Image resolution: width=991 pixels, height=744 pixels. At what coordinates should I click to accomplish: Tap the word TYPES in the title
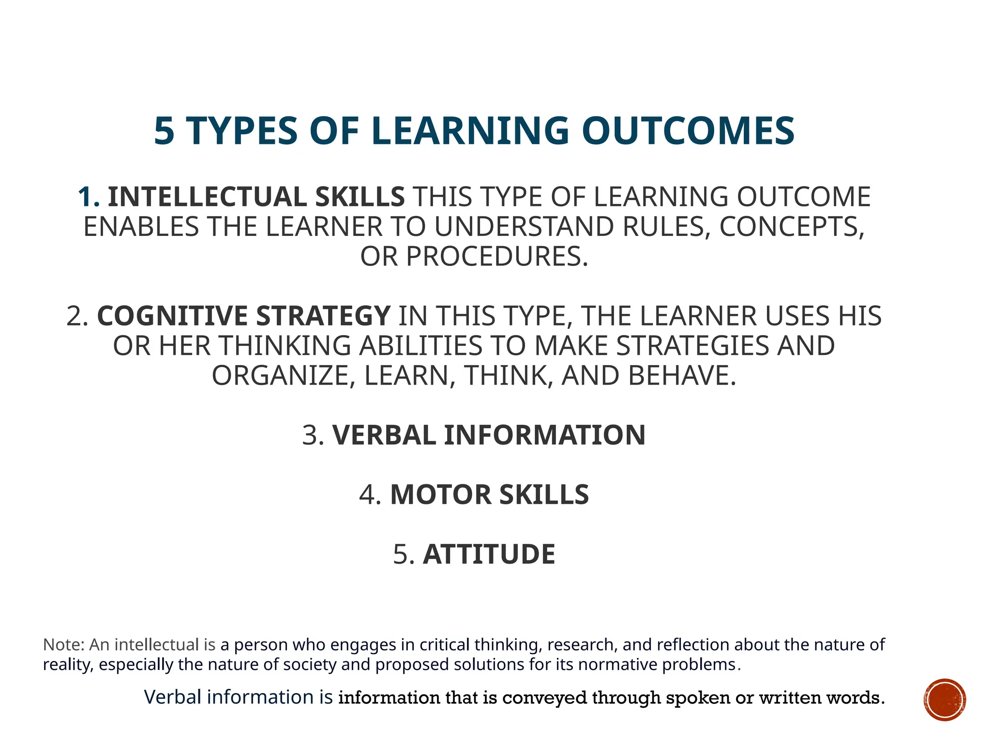pos(241,131)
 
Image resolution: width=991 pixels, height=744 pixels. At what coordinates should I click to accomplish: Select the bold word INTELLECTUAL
pos(207,197)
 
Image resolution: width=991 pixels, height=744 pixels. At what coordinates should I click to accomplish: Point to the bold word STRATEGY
pos(323,316)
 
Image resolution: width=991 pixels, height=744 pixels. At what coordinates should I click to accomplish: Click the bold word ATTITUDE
pos(489,554)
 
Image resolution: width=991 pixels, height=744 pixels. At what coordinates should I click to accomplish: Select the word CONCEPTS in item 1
pos(791,227)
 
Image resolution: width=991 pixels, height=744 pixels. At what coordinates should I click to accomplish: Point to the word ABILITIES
pos(420,346)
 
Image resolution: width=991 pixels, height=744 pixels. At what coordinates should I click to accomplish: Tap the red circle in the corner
pos(944,699)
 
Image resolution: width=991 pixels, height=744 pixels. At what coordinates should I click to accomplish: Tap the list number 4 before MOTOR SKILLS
pos(370,495)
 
